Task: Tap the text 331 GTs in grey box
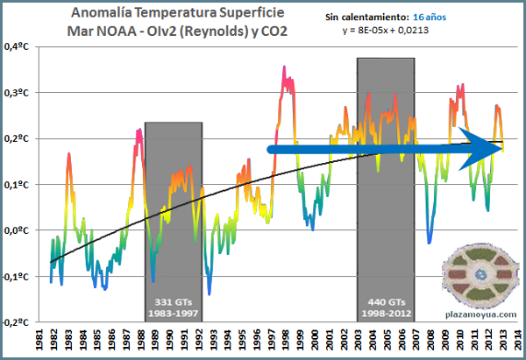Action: pos(174,300)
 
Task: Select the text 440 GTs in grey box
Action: pos(385,300)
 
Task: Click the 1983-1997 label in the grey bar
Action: pos(174,311)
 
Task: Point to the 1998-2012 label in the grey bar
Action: pos(385,311)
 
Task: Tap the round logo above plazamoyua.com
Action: pos(469,274)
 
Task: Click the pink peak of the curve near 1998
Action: pos(284,68)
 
